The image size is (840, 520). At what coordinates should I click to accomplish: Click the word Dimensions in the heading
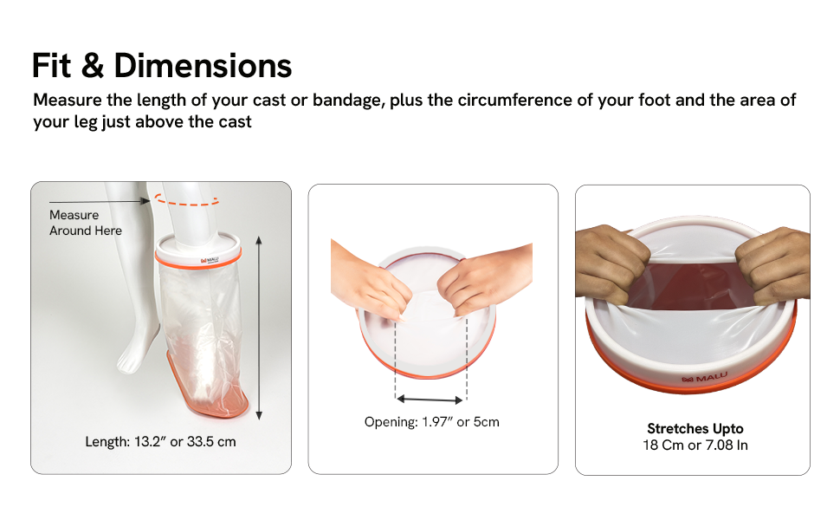pos(203,65)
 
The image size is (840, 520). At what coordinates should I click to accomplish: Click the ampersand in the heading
pos(93,65)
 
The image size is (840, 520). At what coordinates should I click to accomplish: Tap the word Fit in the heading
pos(51,65)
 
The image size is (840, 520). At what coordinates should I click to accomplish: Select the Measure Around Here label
pos(86,223)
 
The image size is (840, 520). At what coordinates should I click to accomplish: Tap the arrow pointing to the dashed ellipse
pos(99,201)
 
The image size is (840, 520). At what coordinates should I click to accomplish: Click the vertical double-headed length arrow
pos(259,328)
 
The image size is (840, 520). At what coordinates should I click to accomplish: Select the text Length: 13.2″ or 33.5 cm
pos(161,442)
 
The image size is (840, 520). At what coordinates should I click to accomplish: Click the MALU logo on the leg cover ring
pos(210,261)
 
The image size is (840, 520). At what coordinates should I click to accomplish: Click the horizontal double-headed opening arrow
pos(430,400)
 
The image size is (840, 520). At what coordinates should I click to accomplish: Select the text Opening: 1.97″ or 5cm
pos(432,422)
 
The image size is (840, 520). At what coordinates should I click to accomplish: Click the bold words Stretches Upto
pos(695,429)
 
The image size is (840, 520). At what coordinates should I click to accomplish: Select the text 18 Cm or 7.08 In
pos(695,445)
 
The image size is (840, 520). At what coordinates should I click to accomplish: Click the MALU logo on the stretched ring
pos(704,378)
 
